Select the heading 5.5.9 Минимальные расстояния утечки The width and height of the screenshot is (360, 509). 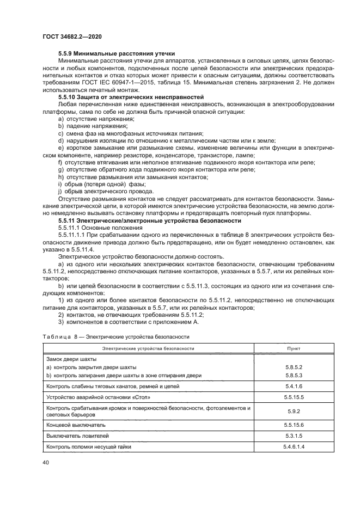[x=116, y=54]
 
